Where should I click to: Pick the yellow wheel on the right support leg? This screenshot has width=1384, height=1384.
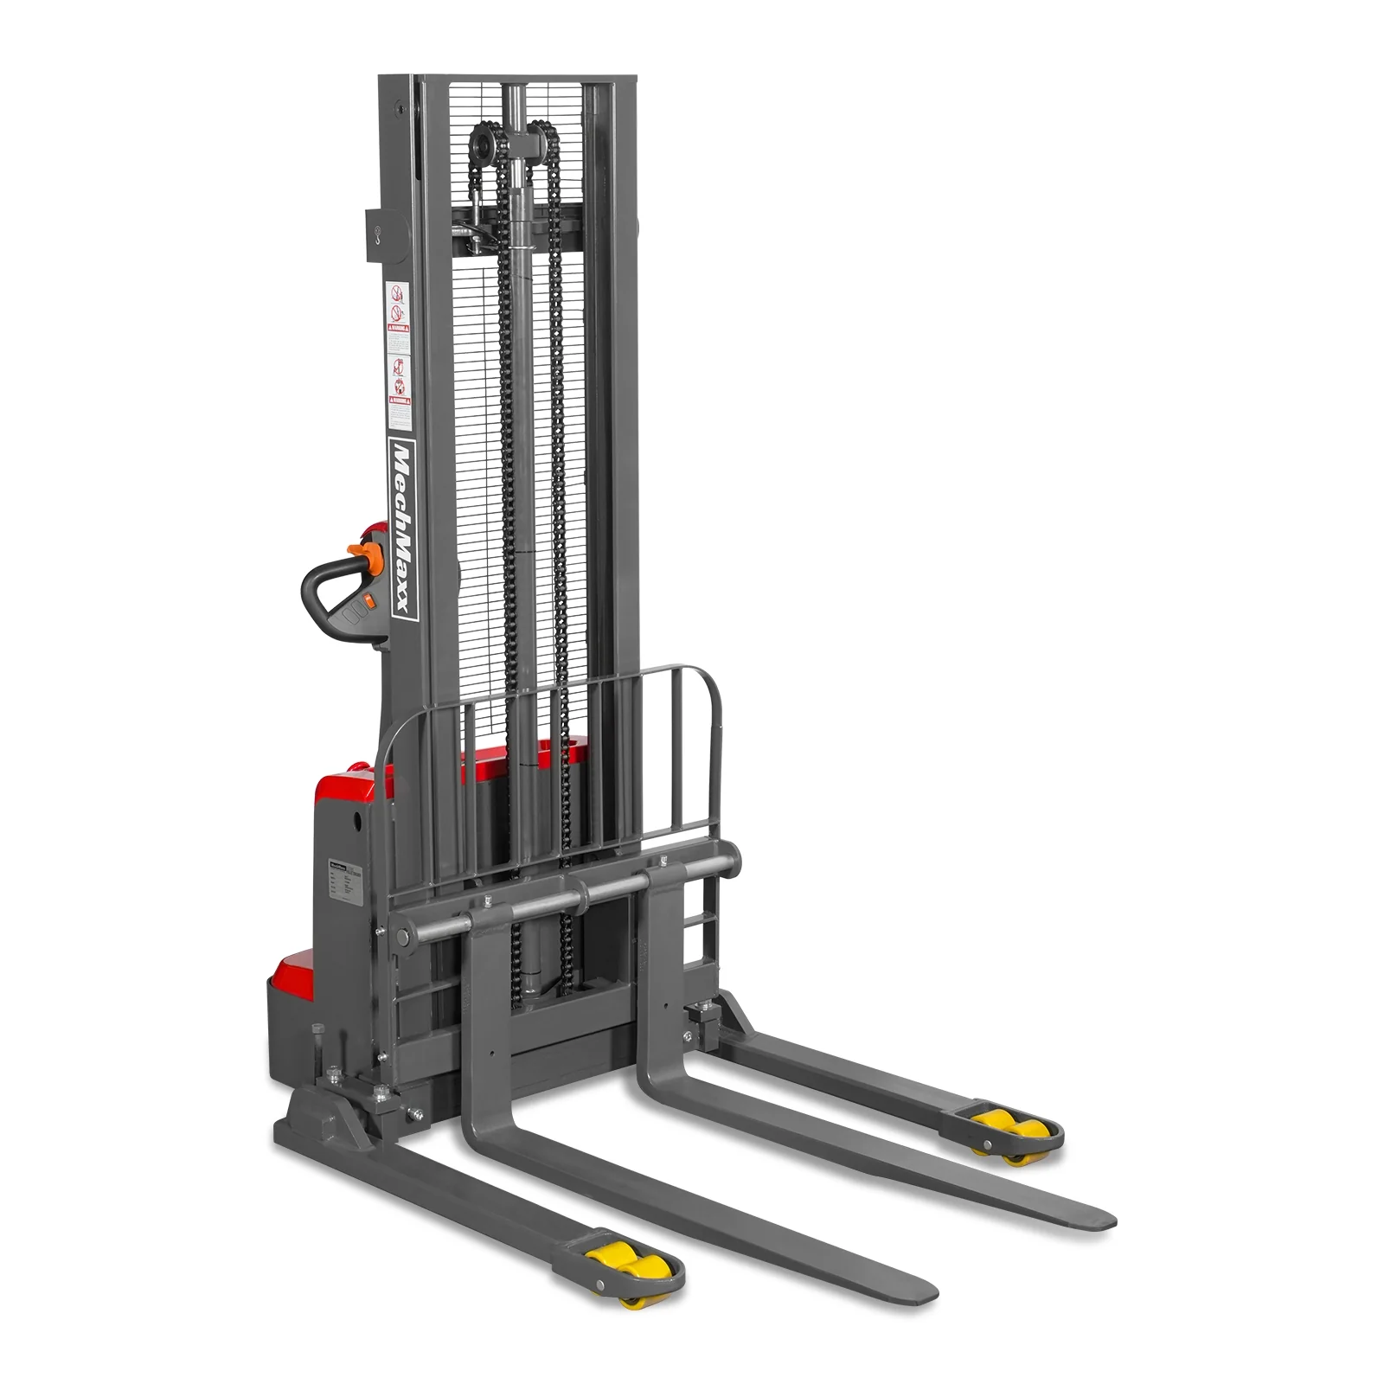1000,1128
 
